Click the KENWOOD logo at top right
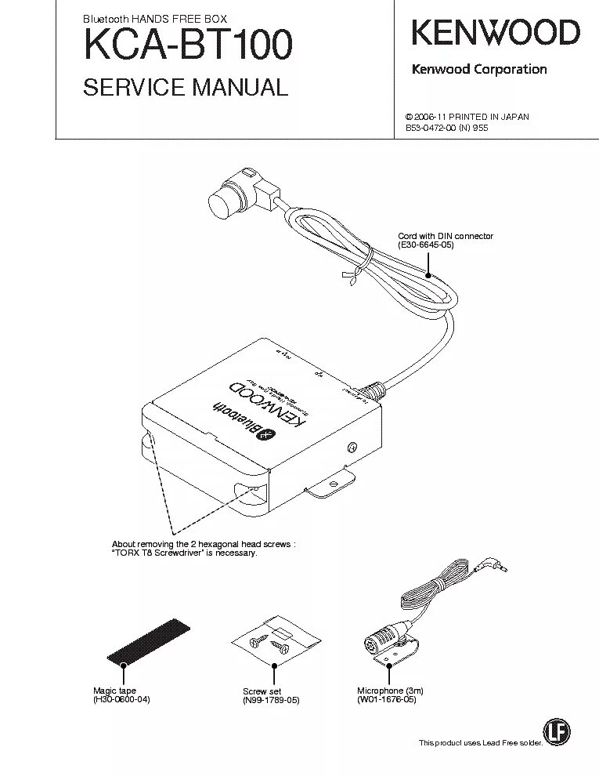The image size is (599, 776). coord(496,34)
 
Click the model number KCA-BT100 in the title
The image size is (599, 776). coord(188,45)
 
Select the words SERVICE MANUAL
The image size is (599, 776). coord(186,87)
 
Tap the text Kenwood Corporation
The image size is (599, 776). coord(479,69)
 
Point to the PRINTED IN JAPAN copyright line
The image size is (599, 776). coord(467,117)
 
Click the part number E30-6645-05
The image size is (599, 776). coord(426,245)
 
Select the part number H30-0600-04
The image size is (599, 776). coord(121,700)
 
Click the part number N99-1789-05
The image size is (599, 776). coord(272,701)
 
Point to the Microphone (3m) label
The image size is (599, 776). coord(391,691)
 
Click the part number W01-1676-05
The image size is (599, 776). coord(387,700)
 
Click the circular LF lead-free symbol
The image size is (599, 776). coord(558,732)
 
